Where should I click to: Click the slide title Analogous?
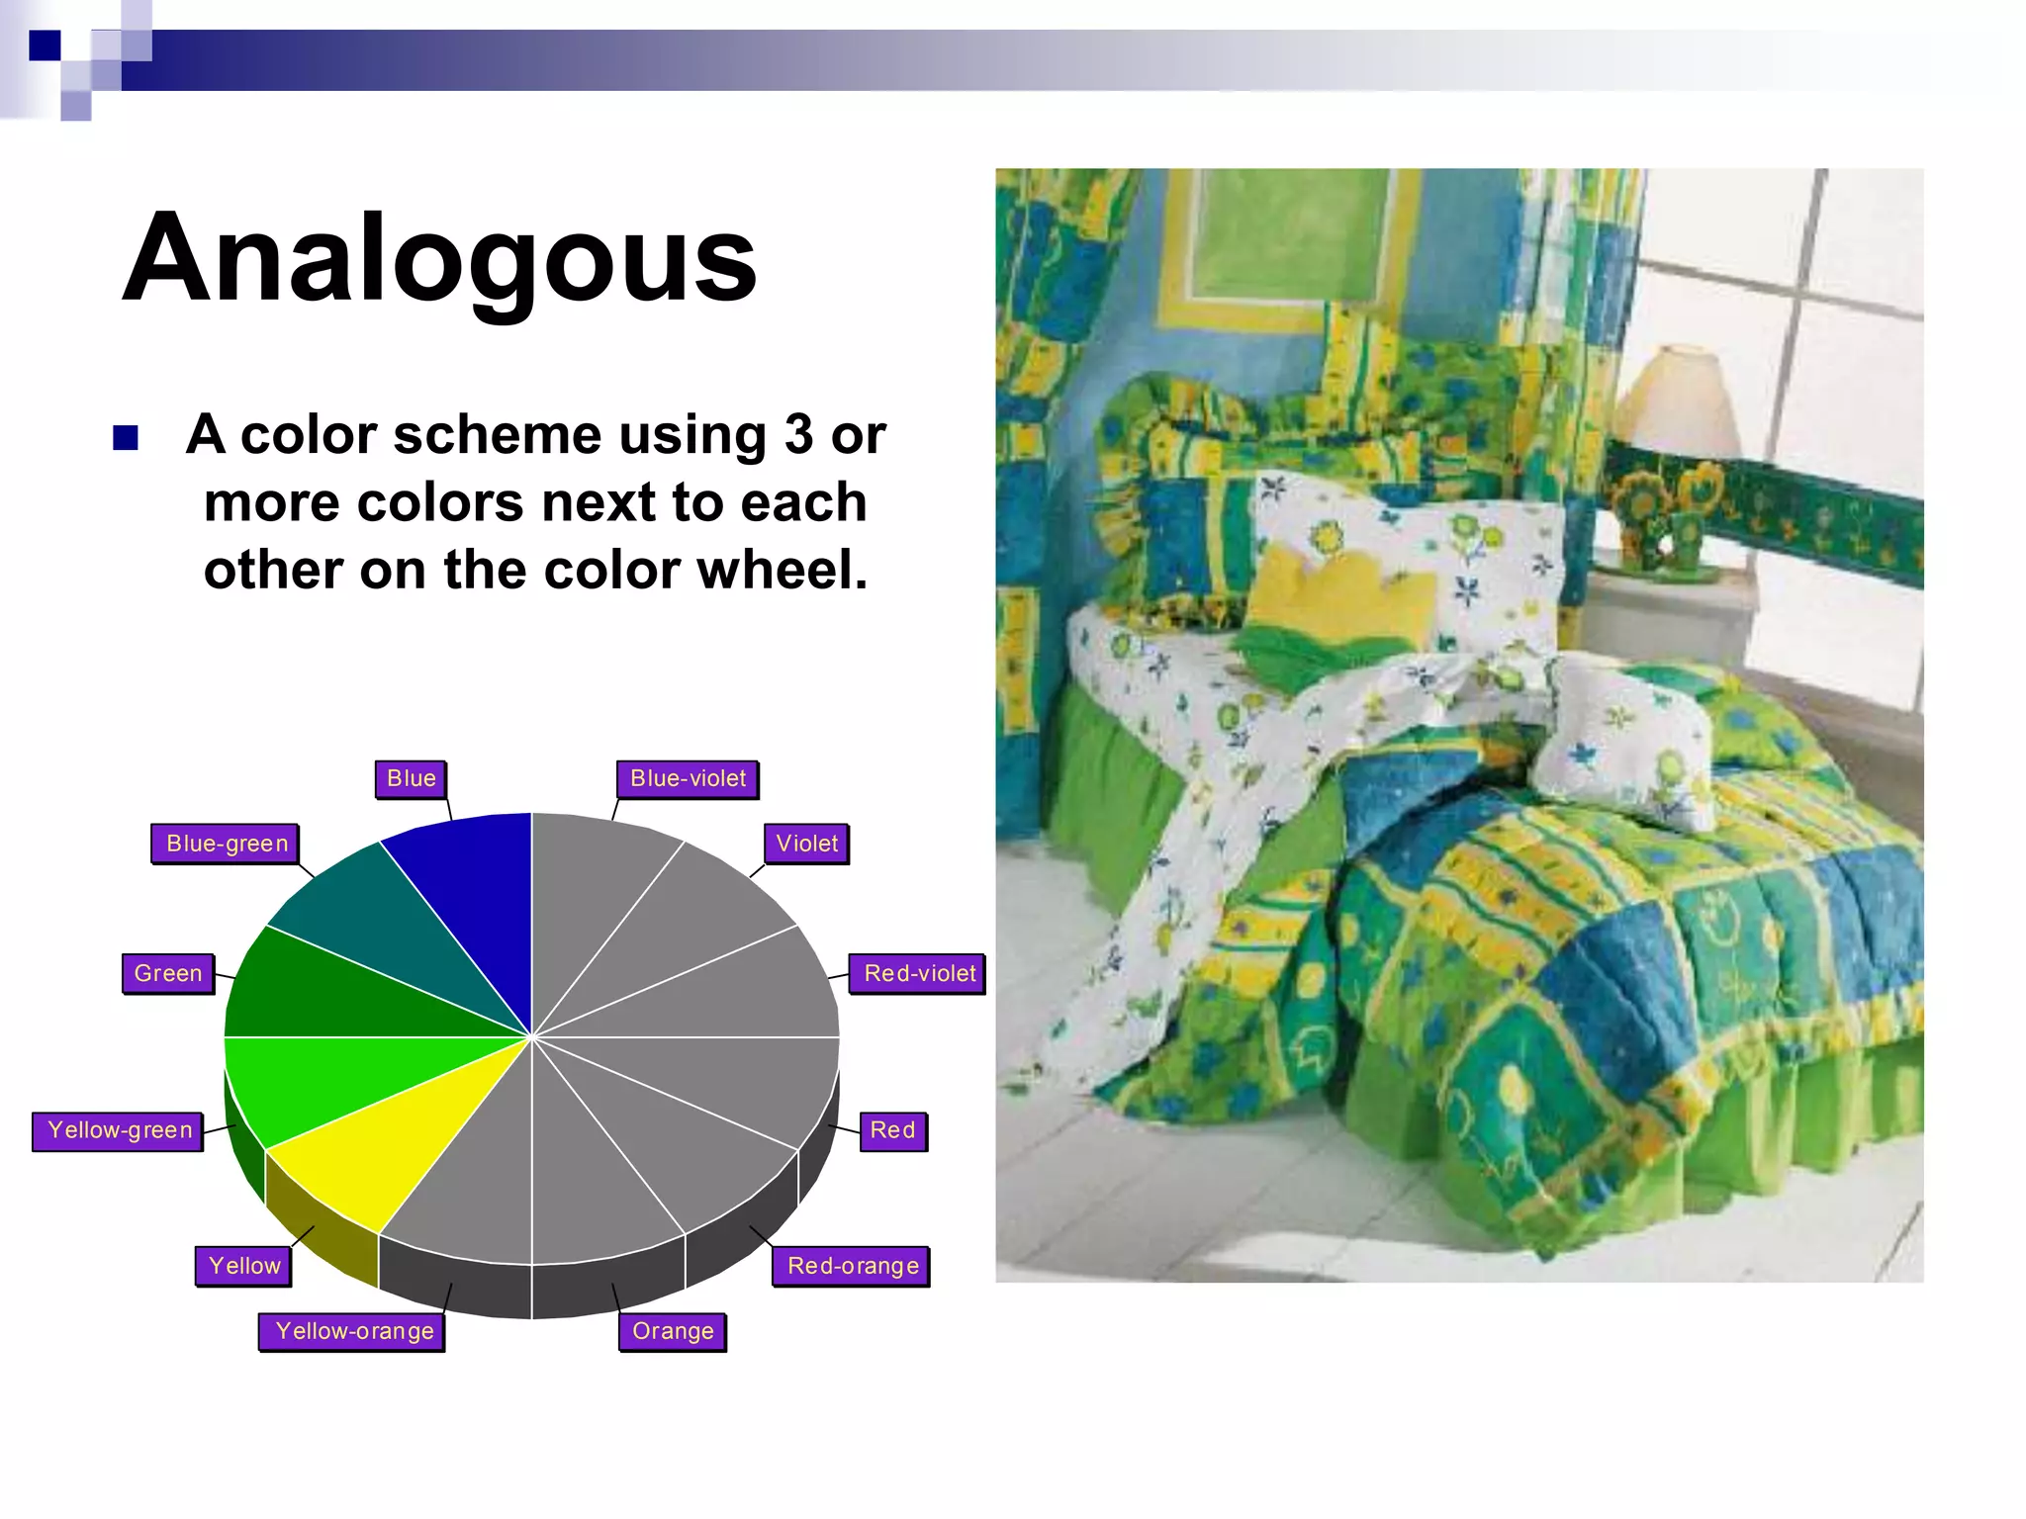(439, 259)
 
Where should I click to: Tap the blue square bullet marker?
(126, 437)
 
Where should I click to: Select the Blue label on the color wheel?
(412, 778)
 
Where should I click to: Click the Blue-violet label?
(688, 778)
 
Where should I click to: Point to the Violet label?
(806, 844)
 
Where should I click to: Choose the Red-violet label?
(919, 973)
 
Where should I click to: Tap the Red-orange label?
(853, 1266)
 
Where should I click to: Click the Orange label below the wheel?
(673, 1331)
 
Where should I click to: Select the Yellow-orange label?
(354, 1331)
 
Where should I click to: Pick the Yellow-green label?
(120, 1130)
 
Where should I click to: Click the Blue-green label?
(227, 844)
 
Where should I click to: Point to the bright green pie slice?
(317, 1083)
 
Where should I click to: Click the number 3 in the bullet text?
(799, 434)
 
